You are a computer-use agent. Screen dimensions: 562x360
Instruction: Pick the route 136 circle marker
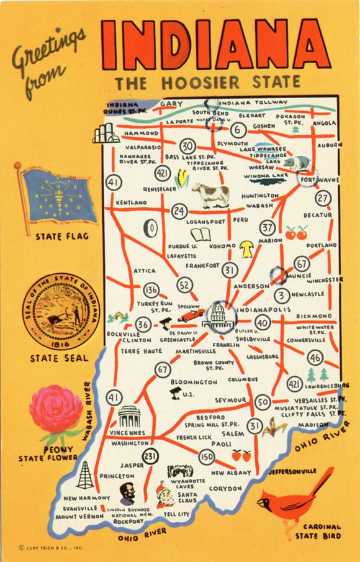[x=151, y=289]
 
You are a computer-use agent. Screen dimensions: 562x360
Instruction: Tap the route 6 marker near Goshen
[x=238, y=130]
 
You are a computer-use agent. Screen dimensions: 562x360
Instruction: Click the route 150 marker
[x=207, y=457]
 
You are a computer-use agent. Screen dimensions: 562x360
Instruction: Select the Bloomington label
[x=194, y=382]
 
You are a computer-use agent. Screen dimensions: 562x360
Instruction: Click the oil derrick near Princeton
[x=85, y=474]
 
